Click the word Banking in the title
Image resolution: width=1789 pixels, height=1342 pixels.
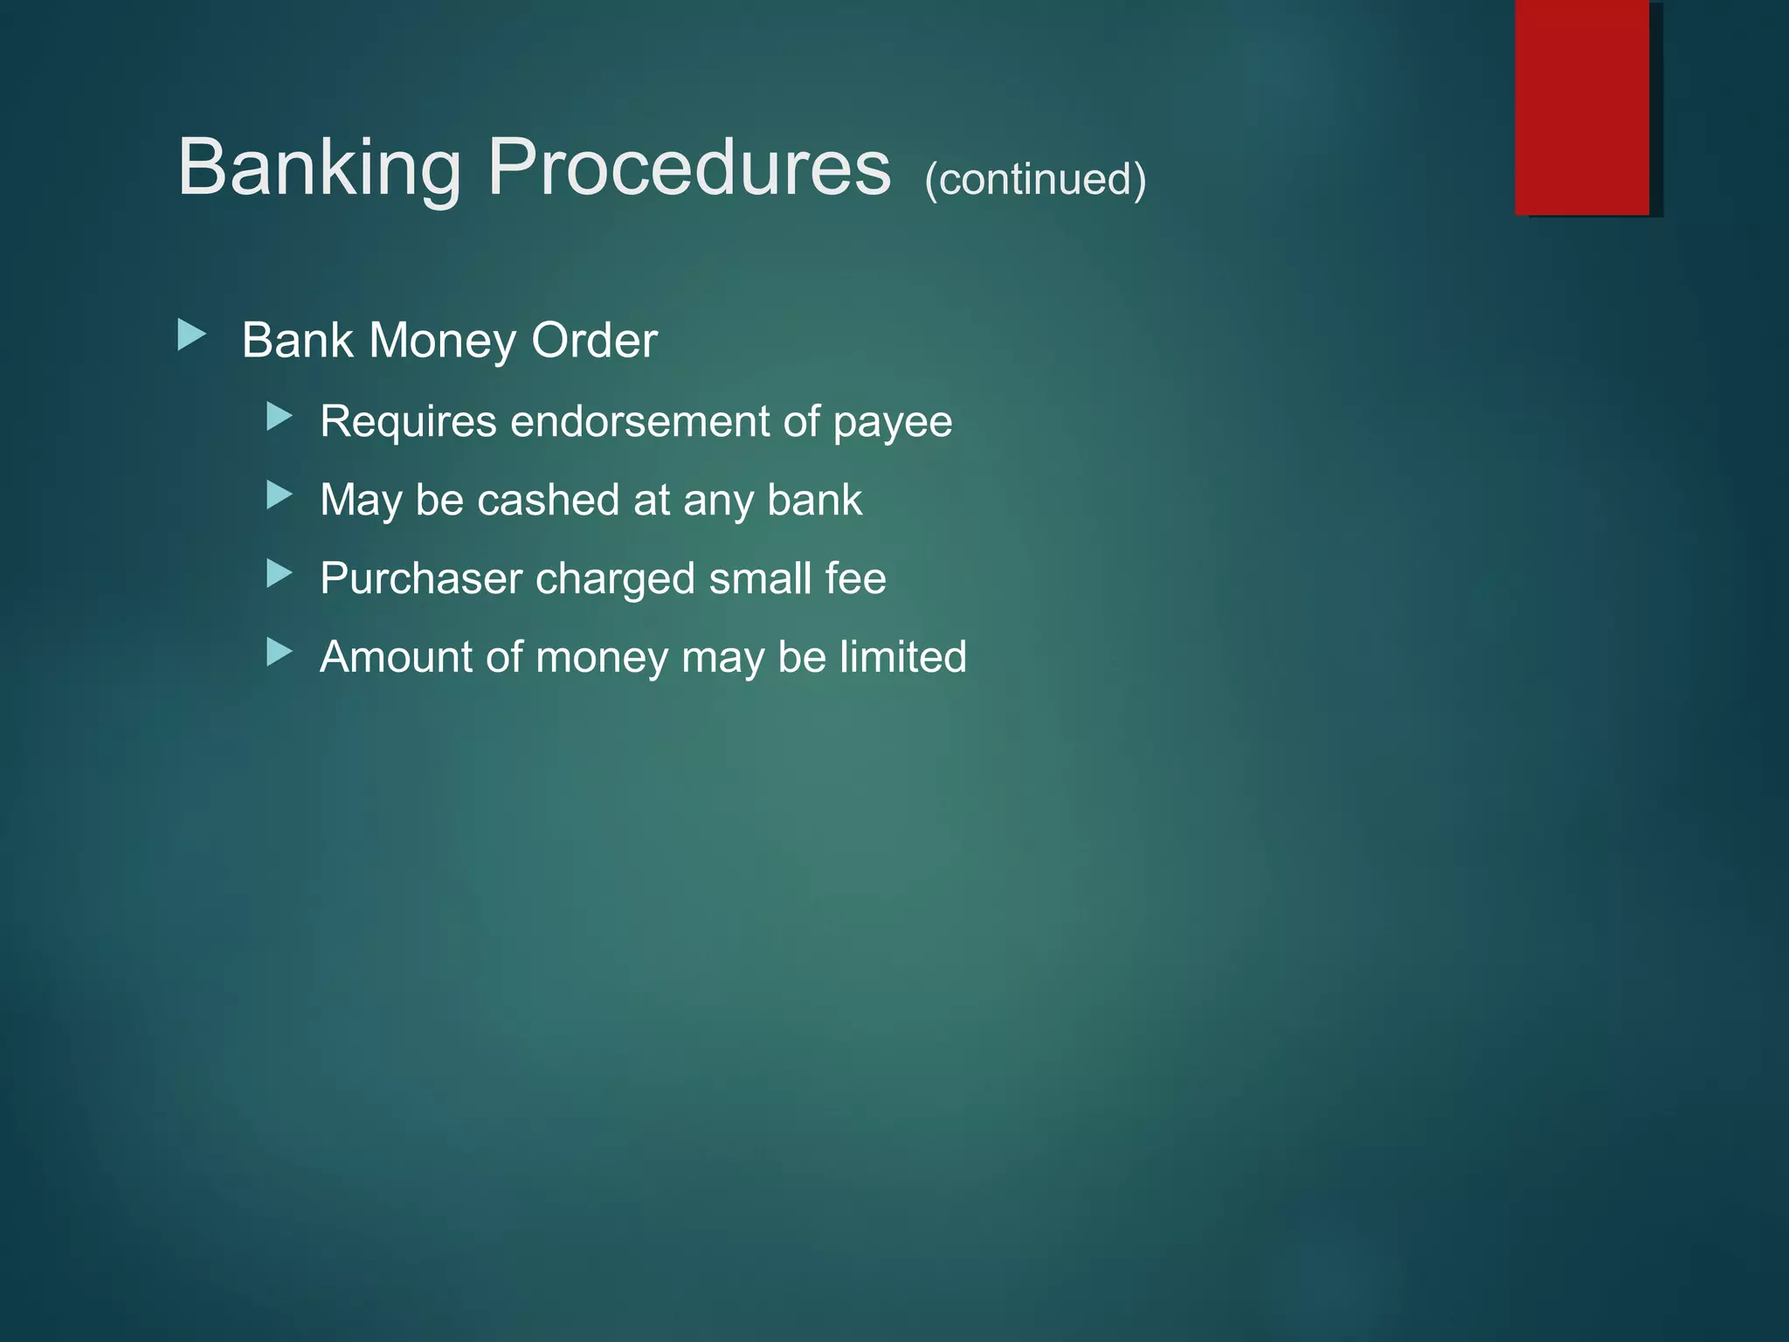click(x=319, y=169)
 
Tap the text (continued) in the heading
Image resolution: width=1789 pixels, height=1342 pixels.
click(x=1035, y=179)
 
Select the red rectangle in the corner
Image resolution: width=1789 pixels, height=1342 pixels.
click(x=1582, y=107)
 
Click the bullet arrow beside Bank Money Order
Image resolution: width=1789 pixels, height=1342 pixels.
click(x=191, y=335)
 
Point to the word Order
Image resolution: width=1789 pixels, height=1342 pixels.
click(x=594, y=340)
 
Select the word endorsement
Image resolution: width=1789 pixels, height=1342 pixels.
click(x=640, y=421)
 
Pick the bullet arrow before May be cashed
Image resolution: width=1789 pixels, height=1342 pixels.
click(x=280, y=495)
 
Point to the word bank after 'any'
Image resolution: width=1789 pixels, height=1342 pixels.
click(x=814, y=500)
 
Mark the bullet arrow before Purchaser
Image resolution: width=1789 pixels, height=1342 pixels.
click(x=280, y=573)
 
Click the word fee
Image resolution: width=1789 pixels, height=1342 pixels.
click(x=860, y=578)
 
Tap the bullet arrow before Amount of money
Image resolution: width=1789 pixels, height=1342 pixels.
click(x=280, y=652)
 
